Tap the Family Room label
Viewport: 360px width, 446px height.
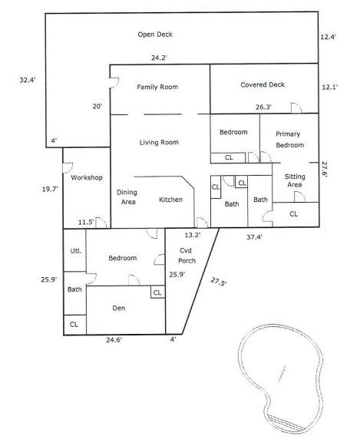point(157,88)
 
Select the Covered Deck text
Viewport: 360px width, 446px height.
point(263,84)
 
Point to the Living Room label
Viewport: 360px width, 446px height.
point(159,143)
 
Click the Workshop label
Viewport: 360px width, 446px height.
point(87,178)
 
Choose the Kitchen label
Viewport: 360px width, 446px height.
point(170,200)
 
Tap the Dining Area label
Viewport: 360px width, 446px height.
point(127,197)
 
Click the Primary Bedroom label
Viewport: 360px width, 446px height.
point(289,140)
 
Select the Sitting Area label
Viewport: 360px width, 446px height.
point(294,180)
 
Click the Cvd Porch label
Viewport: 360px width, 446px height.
point(188,256)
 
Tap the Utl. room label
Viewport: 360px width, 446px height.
point(76,251)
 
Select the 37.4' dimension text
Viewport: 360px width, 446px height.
point(254,237)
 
